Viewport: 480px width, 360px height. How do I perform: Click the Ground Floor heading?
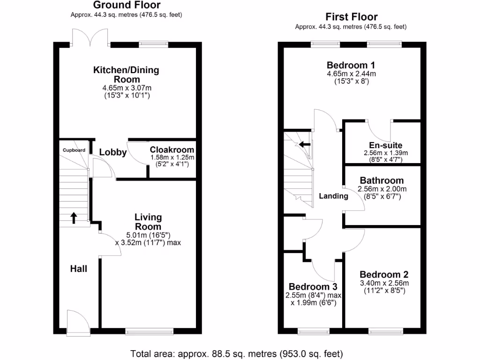[127, 5]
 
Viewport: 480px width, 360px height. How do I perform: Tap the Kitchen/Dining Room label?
[127, 75]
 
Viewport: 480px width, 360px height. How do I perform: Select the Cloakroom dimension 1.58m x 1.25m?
[172, 157]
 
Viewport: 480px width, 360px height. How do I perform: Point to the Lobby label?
[113, 152]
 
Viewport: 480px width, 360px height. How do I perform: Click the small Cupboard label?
[75, 150]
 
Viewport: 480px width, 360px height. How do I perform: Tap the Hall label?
[79, 269]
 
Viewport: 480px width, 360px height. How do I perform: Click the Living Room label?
[148, 221]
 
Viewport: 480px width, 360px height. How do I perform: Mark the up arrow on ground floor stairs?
[74, 217]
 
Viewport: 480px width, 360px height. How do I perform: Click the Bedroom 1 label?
[351, 65]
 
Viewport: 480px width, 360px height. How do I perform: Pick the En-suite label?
[386, 145]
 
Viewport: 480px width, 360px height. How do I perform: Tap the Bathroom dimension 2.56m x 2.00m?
[382, 189]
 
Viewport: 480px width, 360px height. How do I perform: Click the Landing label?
[334, 196]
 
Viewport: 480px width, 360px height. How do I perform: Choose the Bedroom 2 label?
[384, 275]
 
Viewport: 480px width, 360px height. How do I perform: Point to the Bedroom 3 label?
[313, 286]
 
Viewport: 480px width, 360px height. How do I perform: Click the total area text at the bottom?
[236, 353]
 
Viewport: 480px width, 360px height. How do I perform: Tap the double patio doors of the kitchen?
[92, 37]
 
